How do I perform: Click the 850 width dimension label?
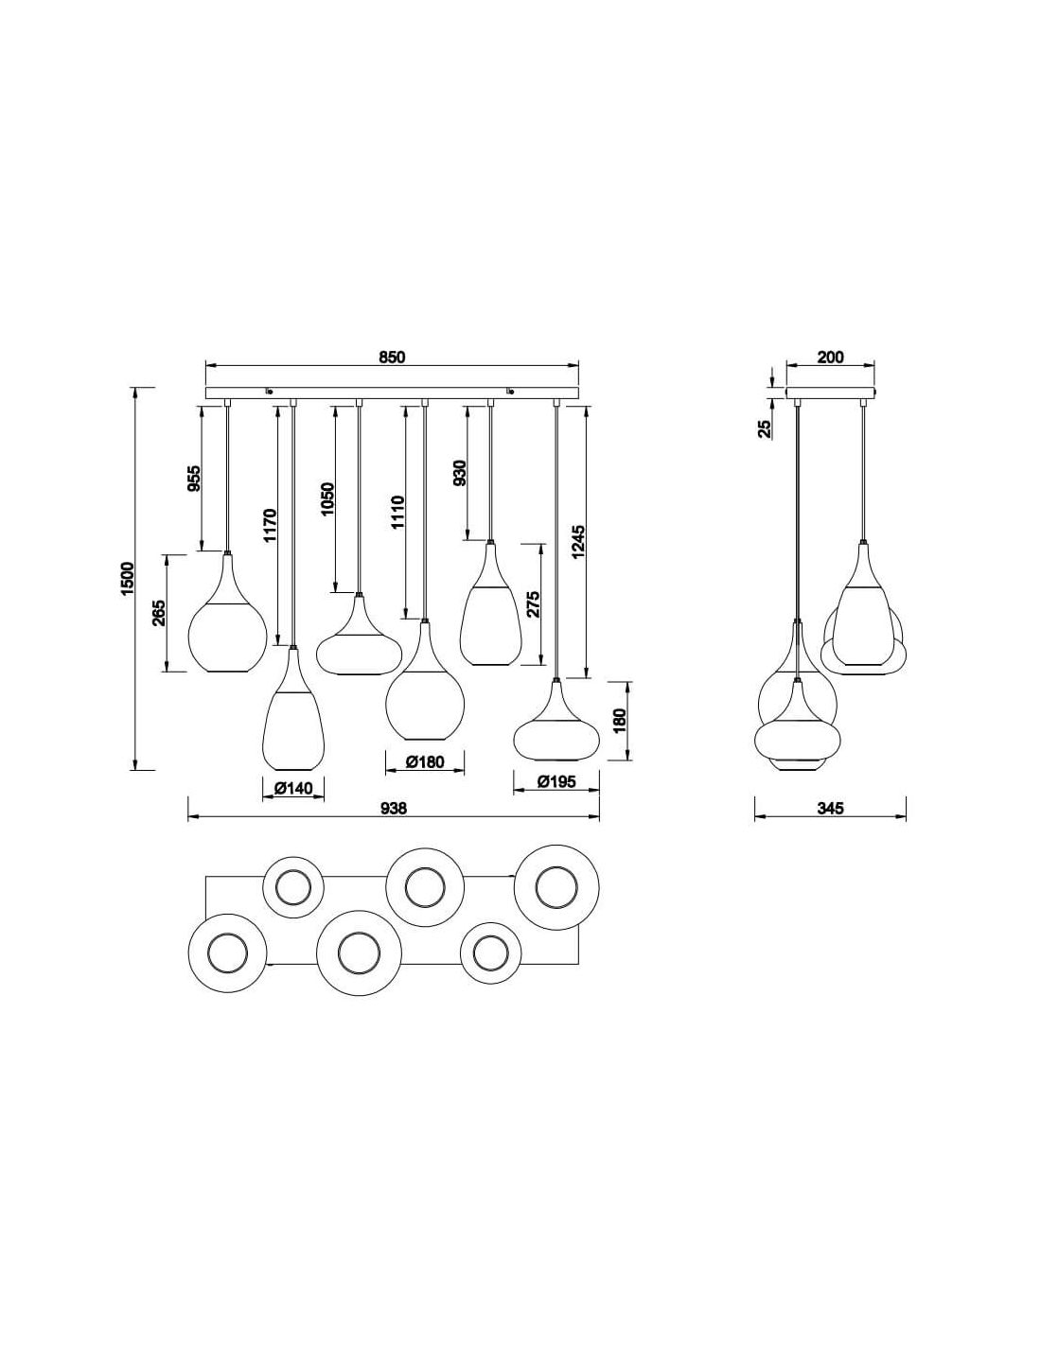[392, 358]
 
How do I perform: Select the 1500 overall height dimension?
[127, 579]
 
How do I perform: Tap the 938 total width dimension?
[394, 808]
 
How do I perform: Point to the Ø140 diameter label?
[293, 789]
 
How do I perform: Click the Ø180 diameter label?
[425, 761]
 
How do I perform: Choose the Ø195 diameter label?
[556, 782]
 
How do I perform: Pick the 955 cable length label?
[194, 478]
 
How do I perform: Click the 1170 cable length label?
[270, 526]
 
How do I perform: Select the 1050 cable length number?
[327, 498]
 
